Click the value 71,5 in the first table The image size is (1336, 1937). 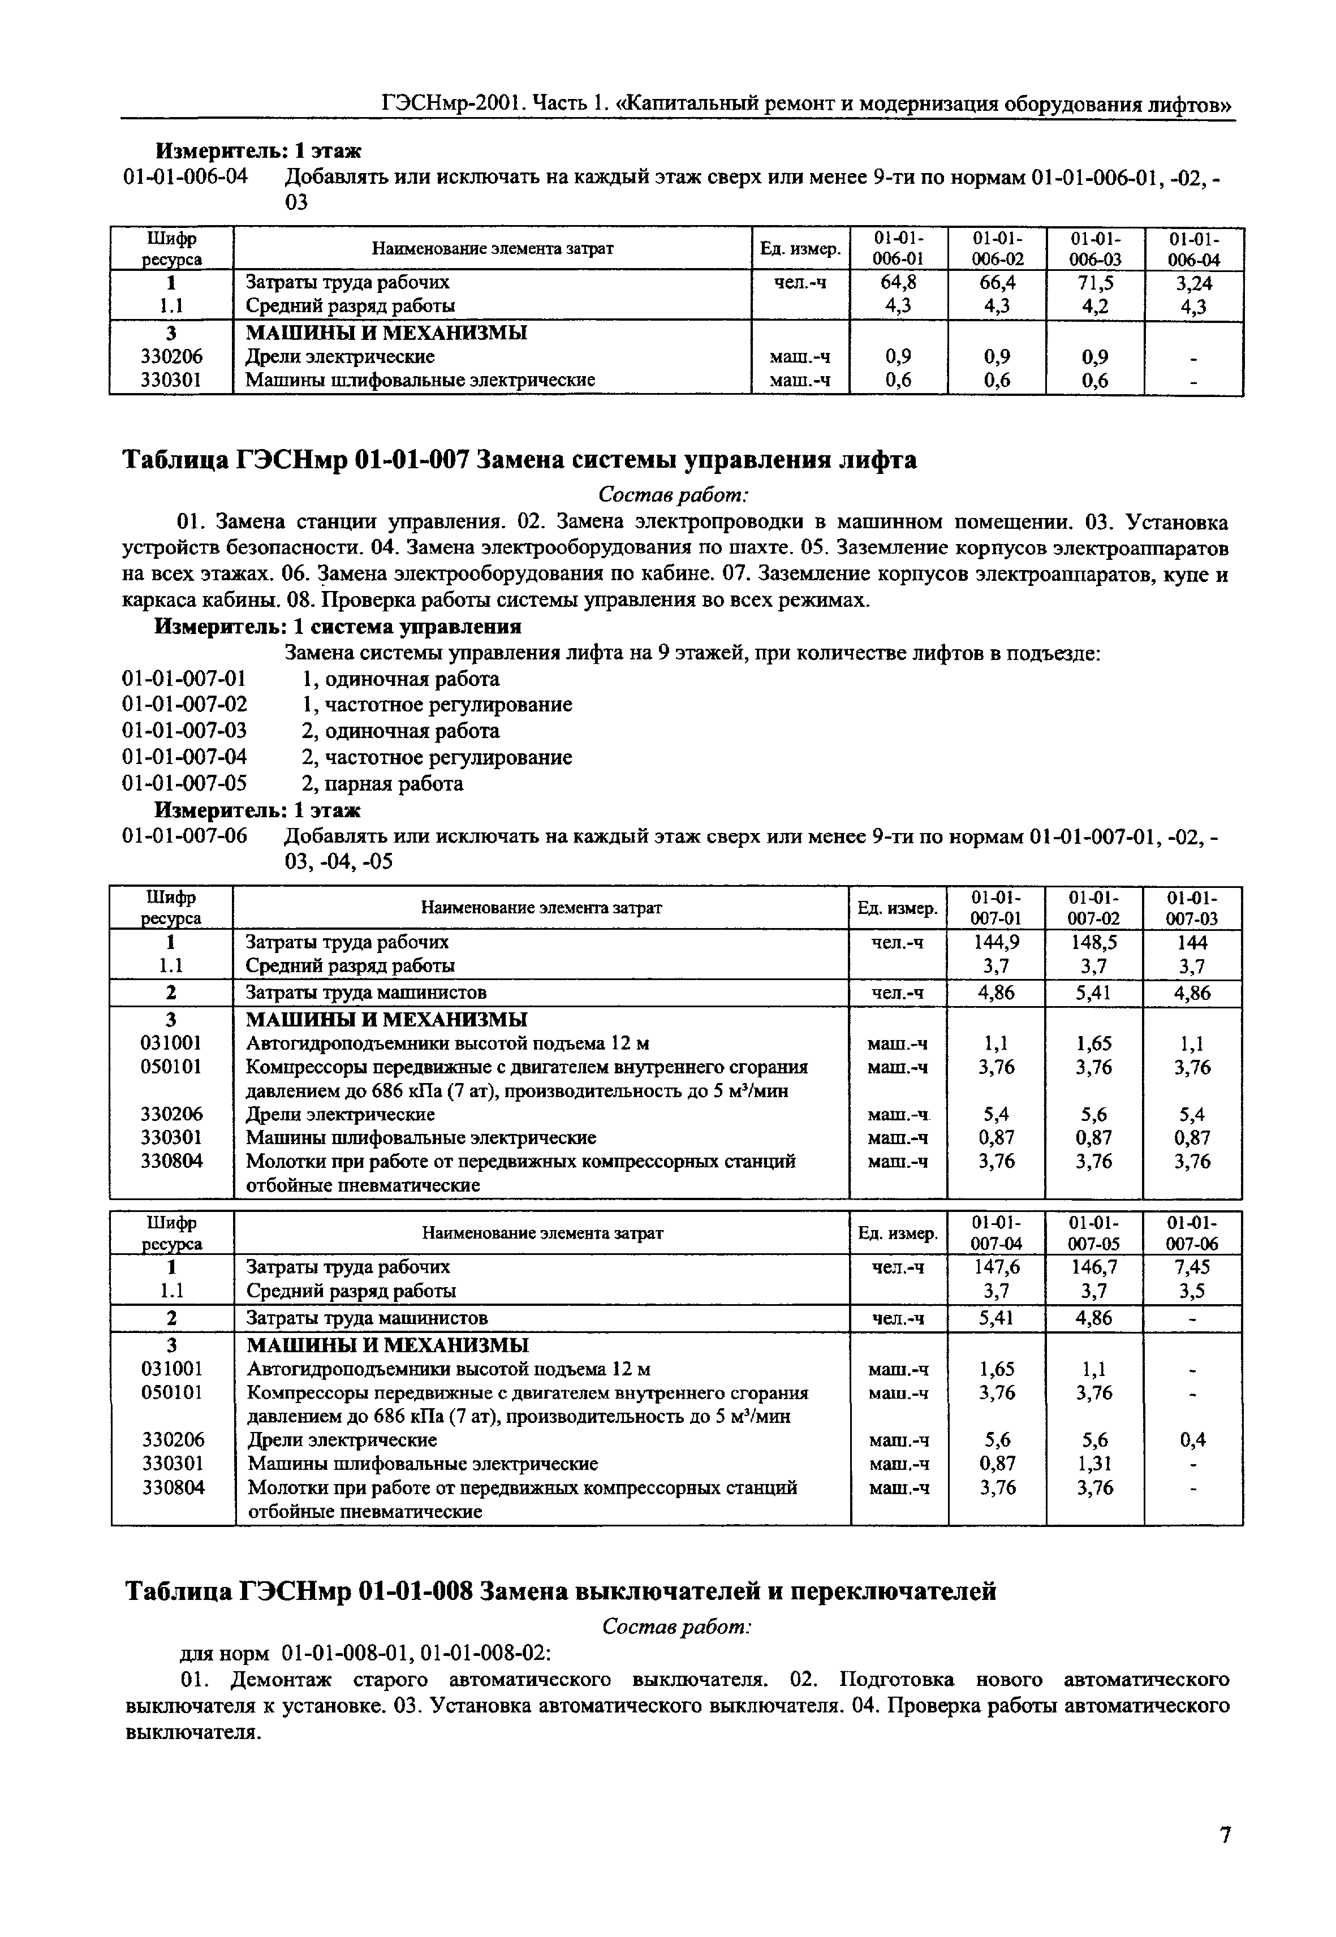pyautogui.click(x=1095, y=282)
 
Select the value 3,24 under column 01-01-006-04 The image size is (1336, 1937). pyautogui.click(x=1193, y=283)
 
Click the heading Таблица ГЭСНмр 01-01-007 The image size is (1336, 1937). pyautogui.click(x=519, y=460)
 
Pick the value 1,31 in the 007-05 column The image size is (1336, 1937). pyautogui.click(x=1095, y=1463)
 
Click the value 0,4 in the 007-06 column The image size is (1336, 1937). pyautogui.click(x=1193, y=1440)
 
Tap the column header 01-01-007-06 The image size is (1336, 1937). pyautogui.click(x=1193, y=1233)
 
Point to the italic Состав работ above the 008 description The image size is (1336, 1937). pyautogui.click(x=676, y=1627)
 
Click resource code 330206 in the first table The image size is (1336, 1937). pyautogui.click(x=171, y=357)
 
